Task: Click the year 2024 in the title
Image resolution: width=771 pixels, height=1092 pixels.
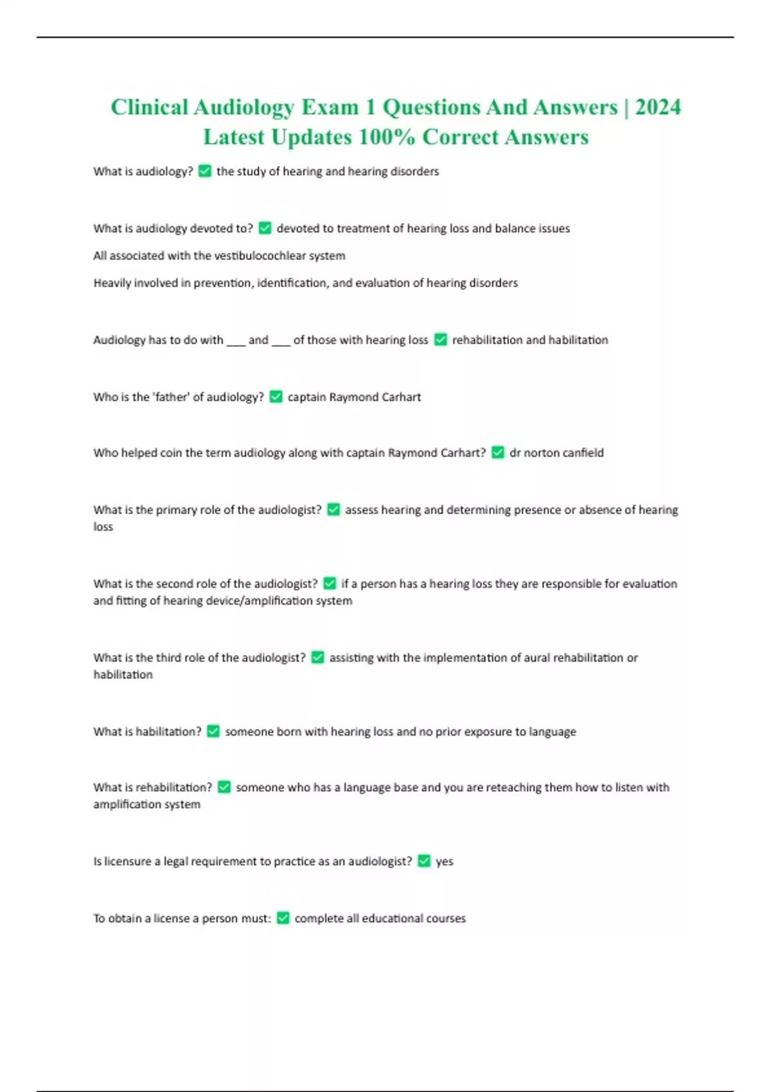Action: (x=658, y=107)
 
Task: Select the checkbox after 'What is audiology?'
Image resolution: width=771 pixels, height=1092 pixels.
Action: (x=205, y=172)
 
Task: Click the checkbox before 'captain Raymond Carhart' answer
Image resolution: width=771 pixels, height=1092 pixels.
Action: (x=276, y=397)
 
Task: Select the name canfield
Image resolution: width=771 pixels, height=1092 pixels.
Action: (x=583, y=453)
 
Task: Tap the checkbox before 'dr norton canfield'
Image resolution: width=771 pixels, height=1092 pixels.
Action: (x=498, y=453)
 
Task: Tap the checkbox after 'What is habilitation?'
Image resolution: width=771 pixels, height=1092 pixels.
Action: (x=213, y=732)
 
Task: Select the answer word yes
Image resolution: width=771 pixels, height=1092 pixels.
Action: (x=445, y=861)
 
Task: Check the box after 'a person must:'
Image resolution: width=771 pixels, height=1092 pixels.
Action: (x=283, y=919)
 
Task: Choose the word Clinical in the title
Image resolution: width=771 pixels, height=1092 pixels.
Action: (x=149, y=107)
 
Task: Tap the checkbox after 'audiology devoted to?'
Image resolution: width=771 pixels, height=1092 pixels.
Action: (x=265, y=229)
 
